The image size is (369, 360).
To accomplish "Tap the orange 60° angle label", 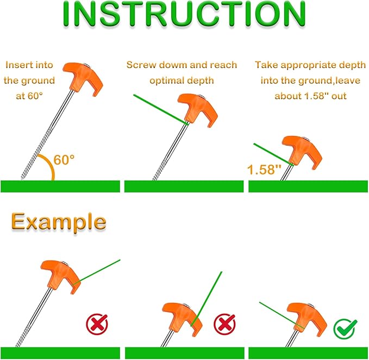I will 65,160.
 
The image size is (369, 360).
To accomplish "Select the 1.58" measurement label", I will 264,169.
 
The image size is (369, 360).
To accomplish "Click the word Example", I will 59,222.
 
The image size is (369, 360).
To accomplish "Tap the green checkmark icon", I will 345,328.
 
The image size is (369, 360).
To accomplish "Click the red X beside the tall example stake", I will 97,326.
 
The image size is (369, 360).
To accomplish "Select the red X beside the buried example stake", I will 224,325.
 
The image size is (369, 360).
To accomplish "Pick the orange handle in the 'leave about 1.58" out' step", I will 300,150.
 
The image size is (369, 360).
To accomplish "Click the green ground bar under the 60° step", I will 60,186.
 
